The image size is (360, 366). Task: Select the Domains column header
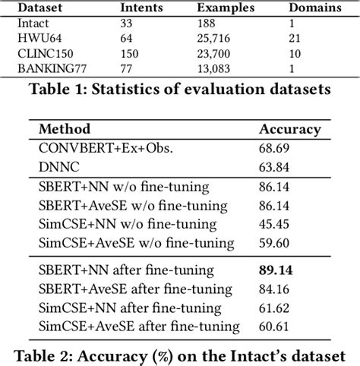[x=316, y=8]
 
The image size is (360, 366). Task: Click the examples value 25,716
[x=218, y=37]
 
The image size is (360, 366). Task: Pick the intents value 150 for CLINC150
[x=131, y=52]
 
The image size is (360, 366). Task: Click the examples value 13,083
[x=218, y=68]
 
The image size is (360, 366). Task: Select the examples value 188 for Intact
[x=207, y=23]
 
